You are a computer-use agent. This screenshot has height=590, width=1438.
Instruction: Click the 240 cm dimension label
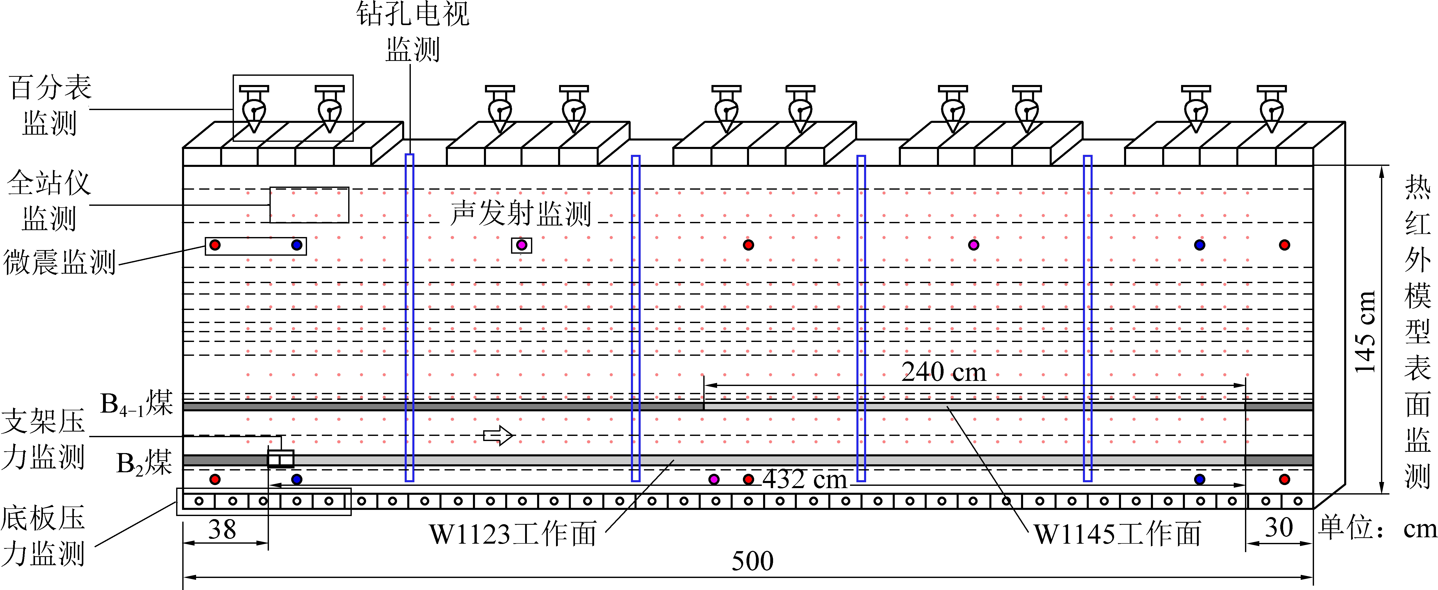pyautogui.click(x=943, y=372)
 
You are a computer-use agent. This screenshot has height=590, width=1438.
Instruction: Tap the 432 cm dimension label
pyautogui.click(x=805, y=479)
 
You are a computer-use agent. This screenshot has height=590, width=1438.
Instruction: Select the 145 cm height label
pyautogui.click(x=1365, y=332)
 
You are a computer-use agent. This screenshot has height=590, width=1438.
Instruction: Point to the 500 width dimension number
pyautogui.click(x=753, y=561)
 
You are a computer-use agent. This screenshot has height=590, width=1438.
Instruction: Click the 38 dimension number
pyautogui.click(x=222, y=529)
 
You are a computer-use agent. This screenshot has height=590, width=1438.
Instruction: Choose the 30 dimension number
pyautogui.click(x=1278, y=528)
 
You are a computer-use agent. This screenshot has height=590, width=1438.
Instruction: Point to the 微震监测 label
pyautogui.click(x=59, y=262)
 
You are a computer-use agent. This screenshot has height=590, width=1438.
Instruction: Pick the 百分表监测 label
pyautogui.click(x=50, y=105)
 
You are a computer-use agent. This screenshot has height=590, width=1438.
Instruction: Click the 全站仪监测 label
pyautogui.click(x=49, y=201)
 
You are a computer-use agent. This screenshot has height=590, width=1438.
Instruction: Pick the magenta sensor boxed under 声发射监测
pyautogui.click(x=521, y=245)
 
